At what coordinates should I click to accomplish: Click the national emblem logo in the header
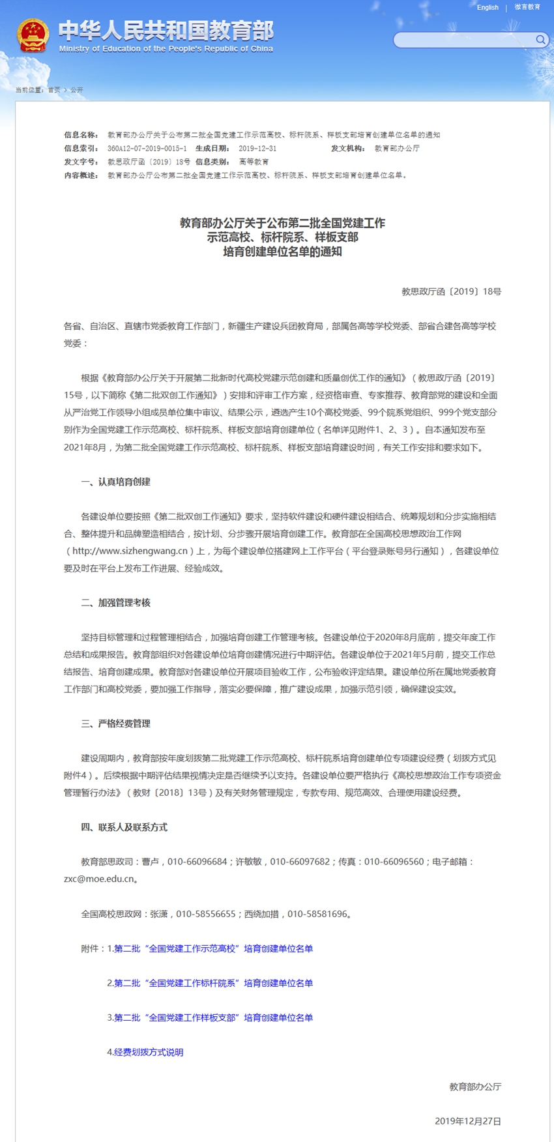pos(33,35)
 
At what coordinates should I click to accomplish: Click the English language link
pos(488,8)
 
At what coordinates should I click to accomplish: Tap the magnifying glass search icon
pos(540,40)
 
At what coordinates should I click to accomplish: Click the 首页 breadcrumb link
pos(53,90)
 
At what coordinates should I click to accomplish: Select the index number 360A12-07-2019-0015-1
pos(147,149)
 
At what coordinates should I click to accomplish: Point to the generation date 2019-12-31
pos(257,149)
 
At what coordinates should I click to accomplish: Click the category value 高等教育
pos(254,162)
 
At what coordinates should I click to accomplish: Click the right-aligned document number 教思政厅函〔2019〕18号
pos(451,292)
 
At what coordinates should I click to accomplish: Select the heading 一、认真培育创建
pos(115,482)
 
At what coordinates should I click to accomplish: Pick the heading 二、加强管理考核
pos(115,603)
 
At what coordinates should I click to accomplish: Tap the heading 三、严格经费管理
pos(115,724)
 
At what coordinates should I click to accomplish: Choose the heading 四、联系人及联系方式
pos(124,827)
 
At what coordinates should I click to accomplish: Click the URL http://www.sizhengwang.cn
pos(130,551)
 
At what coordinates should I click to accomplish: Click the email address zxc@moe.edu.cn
pos(99,879)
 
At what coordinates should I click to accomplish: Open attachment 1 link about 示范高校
pos(213,948)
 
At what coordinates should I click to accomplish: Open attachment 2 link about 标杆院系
pos(213,983)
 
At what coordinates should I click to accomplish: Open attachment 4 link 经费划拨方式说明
pos(149,1052)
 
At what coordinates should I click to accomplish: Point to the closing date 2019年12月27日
pos(468,1121)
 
